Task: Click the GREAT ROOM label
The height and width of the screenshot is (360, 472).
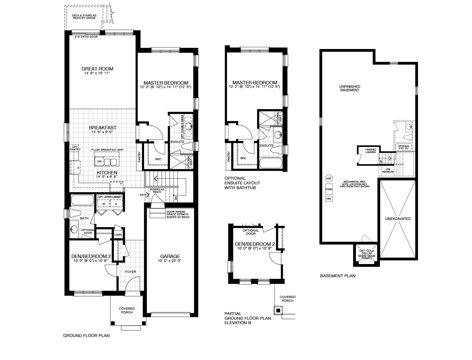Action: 97,69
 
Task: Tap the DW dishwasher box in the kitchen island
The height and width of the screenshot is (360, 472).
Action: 99,161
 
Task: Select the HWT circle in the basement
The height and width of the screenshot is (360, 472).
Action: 329,178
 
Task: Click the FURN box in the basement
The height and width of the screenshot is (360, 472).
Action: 329,189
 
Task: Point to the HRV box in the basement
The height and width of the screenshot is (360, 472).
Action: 329,199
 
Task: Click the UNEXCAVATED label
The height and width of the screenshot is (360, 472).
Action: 398,219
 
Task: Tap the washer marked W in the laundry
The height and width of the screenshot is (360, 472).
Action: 104,204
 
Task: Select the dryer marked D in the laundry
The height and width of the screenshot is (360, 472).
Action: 116,204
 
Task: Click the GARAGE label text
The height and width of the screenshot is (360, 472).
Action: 170,256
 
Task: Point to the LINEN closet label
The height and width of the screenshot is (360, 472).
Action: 118,235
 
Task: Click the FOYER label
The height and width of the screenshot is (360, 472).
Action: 131,272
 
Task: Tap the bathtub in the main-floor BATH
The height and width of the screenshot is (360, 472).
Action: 82,200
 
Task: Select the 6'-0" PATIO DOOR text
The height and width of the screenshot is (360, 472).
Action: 86,37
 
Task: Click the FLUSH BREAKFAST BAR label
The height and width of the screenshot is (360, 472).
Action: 107,150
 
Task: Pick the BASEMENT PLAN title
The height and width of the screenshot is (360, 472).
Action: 338,276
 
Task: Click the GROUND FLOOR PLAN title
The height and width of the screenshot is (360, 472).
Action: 86,335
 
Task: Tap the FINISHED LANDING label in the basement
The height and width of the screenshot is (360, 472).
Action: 371,151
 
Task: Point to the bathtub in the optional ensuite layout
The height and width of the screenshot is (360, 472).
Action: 271,163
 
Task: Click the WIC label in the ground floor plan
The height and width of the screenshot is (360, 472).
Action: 158,159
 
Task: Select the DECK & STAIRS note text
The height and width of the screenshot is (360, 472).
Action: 84,17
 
